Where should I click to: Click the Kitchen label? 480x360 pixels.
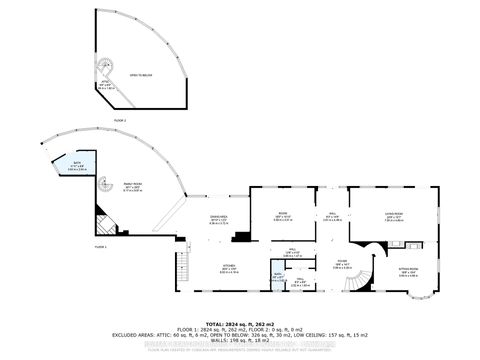click(x=229, y=267)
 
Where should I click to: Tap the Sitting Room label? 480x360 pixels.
click(x=410, y=272)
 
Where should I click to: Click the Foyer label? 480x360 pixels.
click(x=341, y=265)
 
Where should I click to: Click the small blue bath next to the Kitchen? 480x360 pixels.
click(x=278, y=279)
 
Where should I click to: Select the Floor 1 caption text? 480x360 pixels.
click(x=101, y=245)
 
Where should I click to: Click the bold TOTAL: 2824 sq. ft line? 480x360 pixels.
click(x=240, y=324)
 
